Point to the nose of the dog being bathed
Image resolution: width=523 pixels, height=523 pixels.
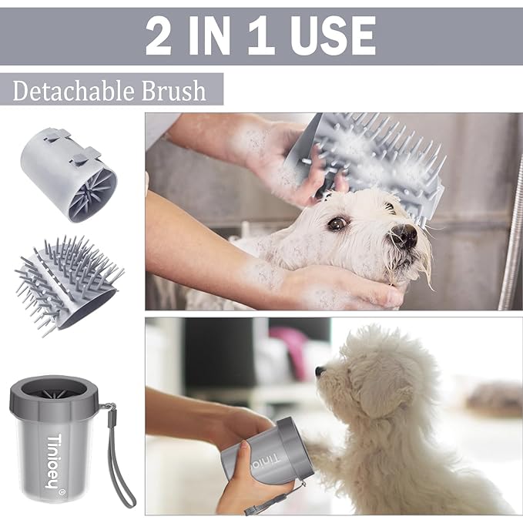[x=405, y=236]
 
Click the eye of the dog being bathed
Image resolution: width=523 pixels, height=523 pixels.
[x=337, y=223]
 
